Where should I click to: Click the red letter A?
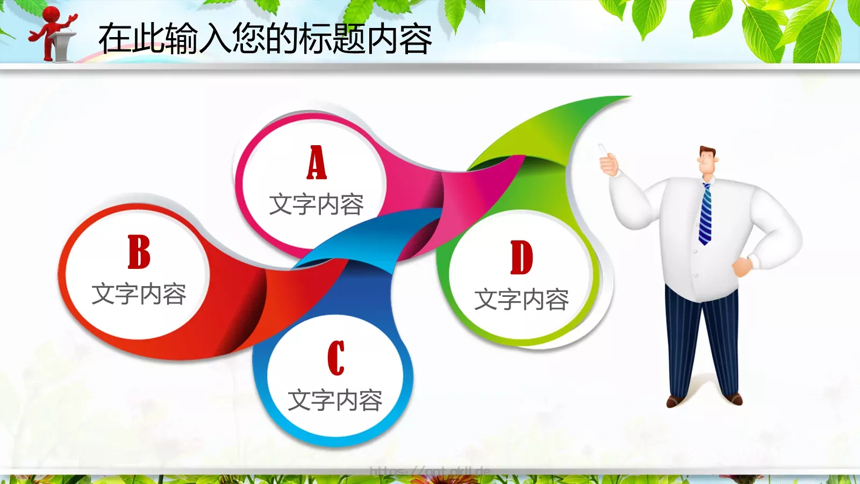pos(317,162)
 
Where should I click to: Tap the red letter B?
pos(139,252)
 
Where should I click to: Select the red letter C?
pos(336,358)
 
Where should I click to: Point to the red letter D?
pos(521,258)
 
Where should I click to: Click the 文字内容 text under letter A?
pos(317,205)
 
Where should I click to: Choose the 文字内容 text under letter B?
pos(139,294)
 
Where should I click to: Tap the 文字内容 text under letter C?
pos(335,401)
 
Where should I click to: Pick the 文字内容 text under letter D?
pos(521,300)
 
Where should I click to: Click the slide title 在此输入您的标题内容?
pos(265,39)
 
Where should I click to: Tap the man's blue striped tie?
pos(705,214)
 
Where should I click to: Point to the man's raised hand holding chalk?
pos(608,161)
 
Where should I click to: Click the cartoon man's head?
pos(708,161)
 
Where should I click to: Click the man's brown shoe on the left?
pos(675,401)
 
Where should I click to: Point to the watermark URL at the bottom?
pos(430,472)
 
